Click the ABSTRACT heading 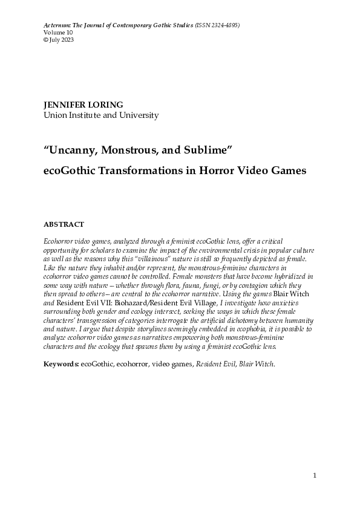pyautogui.click(x=64, y=224)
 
